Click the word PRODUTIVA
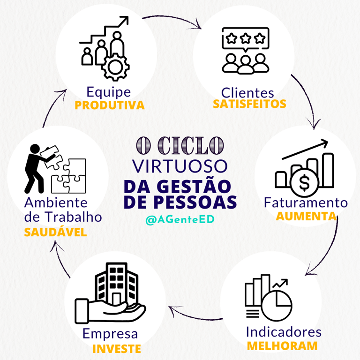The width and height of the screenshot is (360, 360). pos(110,105)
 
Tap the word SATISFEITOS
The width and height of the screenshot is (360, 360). pos(249,104)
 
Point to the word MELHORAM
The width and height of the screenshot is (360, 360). pos(282,346)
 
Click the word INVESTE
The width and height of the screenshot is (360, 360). pos(117,349)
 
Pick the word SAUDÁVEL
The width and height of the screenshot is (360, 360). pos(56,232)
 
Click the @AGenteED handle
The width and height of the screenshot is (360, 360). pos(180,219)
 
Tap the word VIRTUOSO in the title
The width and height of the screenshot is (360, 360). pos(180,165)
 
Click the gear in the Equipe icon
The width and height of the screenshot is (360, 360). pos(114,67)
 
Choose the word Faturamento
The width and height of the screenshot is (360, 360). pos(306,203)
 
